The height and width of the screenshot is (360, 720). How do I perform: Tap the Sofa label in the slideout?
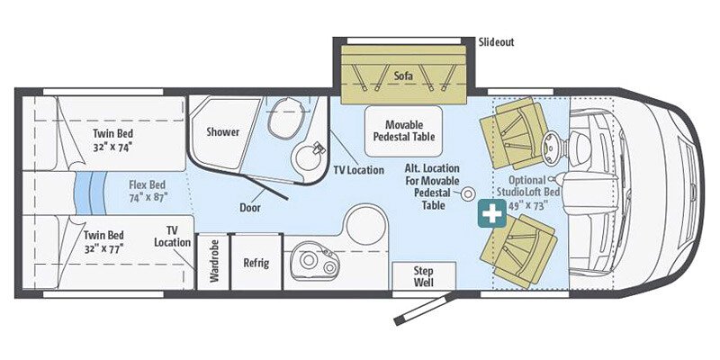point(402,76)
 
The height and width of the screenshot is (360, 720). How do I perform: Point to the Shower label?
point(223,132)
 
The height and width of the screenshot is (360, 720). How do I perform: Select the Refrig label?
point(256,264)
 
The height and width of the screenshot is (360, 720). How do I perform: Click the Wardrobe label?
point(213,262)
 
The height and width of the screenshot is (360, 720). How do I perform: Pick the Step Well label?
point(423,275)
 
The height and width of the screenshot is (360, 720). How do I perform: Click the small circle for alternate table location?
point(469,193)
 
